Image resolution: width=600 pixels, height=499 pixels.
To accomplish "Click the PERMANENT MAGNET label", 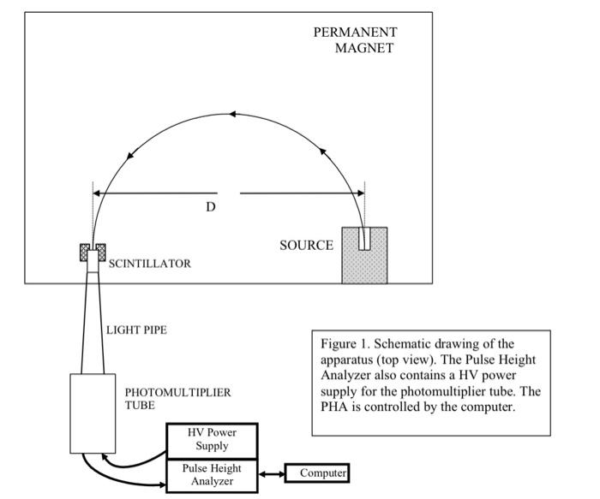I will point(355,40).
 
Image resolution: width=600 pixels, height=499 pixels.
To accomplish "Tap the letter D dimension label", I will point(210,207).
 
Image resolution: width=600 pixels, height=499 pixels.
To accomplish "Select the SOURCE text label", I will point(306,246).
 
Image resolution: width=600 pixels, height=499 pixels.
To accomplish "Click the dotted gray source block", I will point(364,262).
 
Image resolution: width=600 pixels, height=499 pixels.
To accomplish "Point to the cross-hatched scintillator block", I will point(92,252).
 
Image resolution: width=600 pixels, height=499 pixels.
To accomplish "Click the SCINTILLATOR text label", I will point(149,264).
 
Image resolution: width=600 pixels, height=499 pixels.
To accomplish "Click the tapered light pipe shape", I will point(92,321).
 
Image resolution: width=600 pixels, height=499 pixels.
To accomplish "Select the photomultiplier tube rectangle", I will point(92,413).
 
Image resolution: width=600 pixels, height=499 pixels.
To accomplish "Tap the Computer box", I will point(317,473).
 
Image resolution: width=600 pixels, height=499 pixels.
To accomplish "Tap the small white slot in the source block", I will point(364,238).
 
